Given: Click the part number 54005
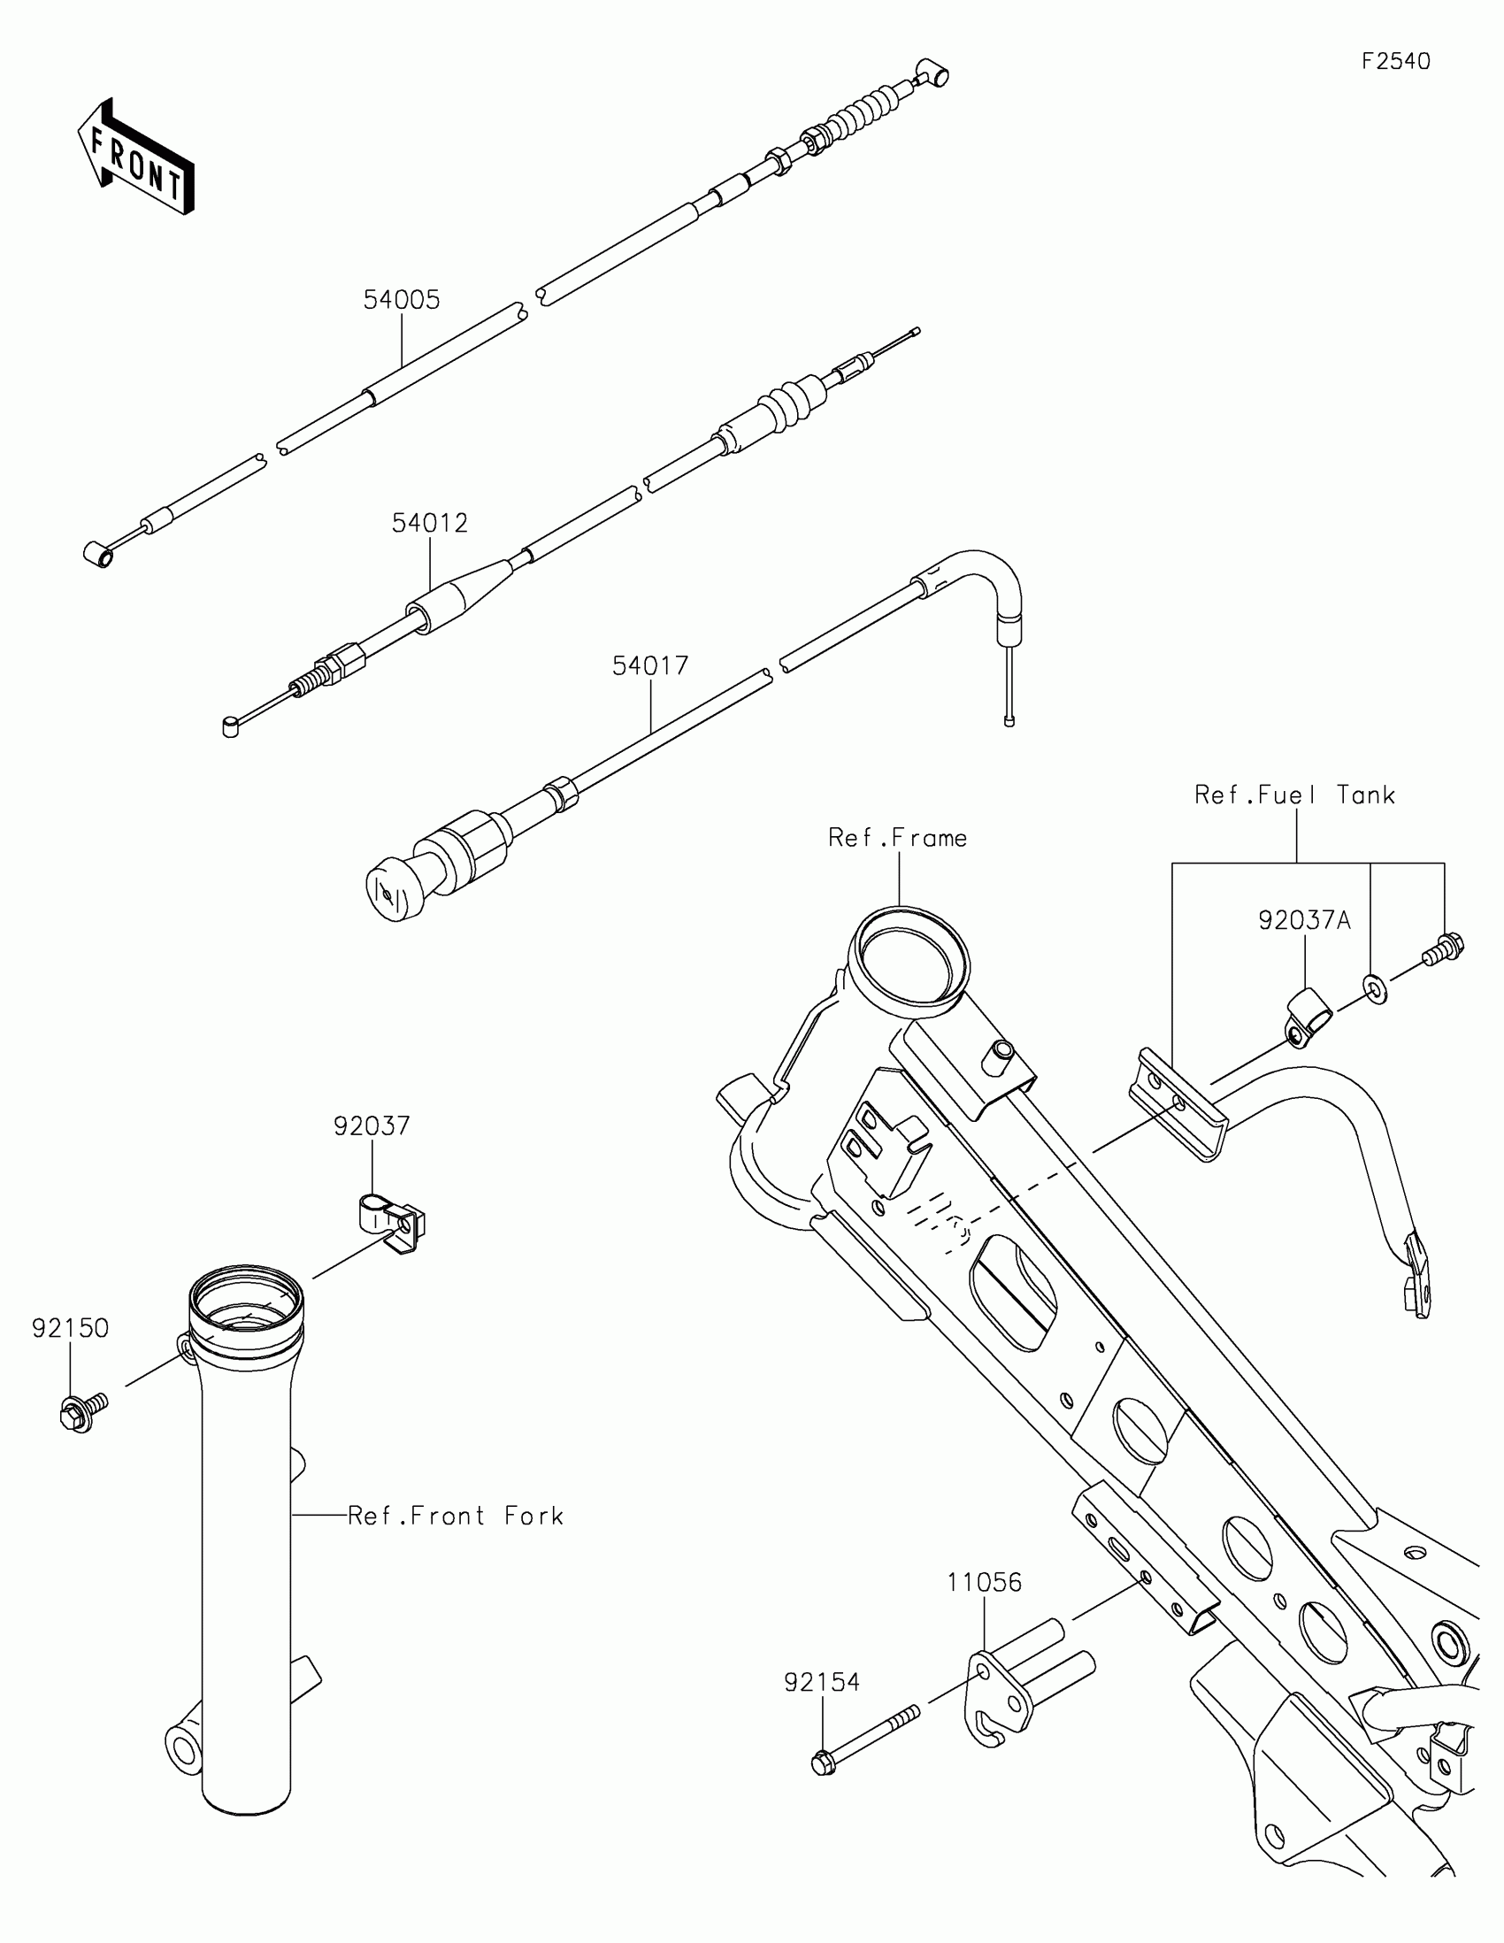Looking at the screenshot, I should [401, 300].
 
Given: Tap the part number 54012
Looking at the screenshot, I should [430, 523].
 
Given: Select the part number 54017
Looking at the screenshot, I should [650, 665].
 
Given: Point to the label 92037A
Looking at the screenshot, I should [1304, 920].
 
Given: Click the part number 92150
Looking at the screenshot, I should [70, 1328].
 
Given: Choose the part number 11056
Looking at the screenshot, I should [984, 1583].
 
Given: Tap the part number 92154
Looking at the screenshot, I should [822, 1682].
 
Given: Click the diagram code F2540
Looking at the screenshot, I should [1396, 61].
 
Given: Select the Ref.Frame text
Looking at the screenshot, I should [897, 838].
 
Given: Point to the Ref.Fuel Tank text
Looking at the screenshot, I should [1294, 795].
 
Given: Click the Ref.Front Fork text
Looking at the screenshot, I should [457, 1516].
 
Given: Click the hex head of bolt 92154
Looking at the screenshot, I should [824, 1763].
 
